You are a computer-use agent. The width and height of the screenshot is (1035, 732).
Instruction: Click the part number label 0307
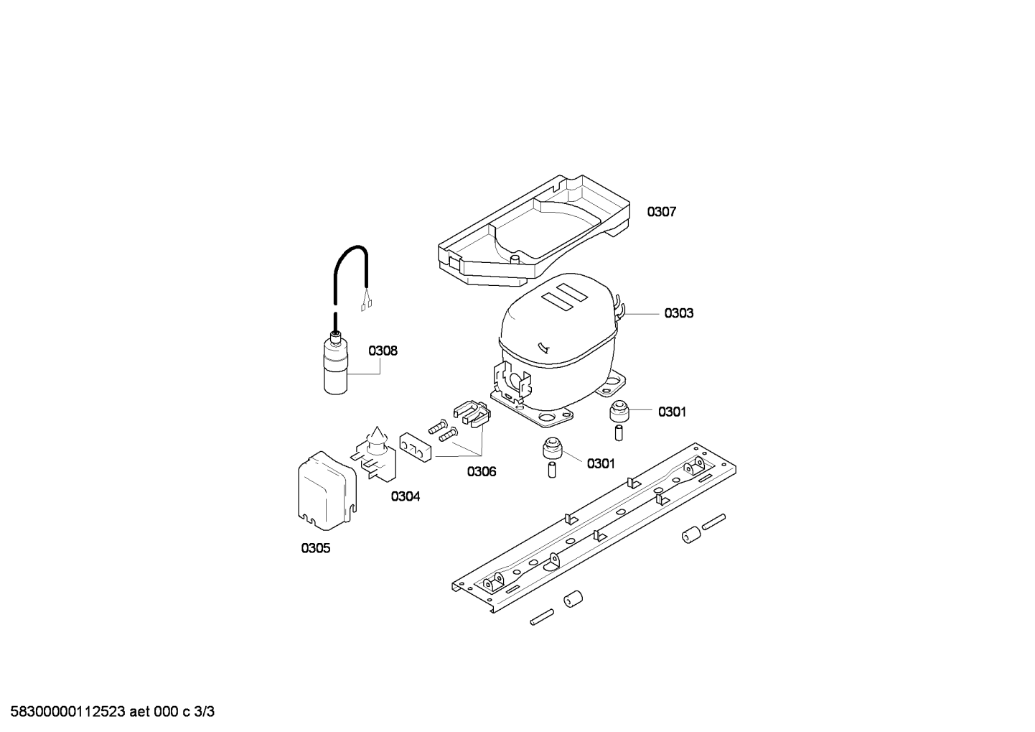tap(661, 212)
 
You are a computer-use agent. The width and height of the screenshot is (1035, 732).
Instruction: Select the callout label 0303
tap(679, 313)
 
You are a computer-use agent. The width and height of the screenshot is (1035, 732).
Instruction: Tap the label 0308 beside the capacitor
tap(383, 351)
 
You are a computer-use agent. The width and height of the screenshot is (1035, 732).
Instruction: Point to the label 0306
tap(482, 472)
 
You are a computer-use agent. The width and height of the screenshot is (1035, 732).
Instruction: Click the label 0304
tap(406, 496)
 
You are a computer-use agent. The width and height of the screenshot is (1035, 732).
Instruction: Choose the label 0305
tap(316, 548)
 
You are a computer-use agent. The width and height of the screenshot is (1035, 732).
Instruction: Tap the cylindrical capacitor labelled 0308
tap(335, 368)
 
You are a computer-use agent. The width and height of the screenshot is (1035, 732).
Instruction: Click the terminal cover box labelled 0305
tap(327, 491)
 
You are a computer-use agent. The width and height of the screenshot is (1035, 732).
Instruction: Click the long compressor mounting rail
tap(594, 527)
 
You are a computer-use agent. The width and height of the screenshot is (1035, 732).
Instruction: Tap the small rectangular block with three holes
tap(416, 447)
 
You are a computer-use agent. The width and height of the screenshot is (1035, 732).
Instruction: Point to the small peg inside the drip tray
tap(515, 259)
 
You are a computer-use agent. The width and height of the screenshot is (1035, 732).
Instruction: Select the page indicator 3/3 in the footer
tap(205, 712)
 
